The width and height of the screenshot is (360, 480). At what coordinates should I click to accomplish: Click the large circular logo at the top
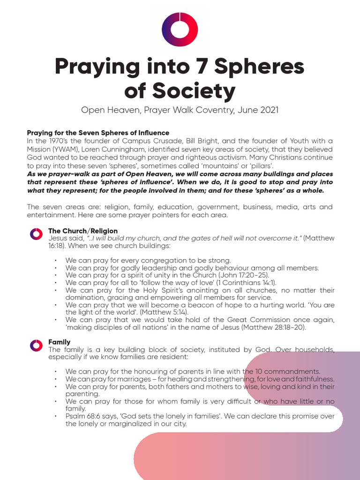pyautogui.click(x=180, y=29)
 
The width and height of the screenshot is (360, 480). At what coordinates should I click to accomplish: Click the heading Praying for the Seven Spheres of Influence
pyautogui.click(x=98, y=133)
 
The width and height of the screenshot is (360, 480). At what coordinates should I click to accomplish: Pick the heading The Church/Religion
pyautogui.click(x=83, y=231)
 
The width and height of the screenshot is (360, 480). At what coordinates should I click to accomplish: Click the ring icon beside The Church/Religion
pyautogui.click(x=36, y=234)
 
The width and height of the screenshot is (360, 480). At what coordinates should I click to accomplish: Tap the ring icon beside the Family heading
pyautogui.click(x=36, y=346)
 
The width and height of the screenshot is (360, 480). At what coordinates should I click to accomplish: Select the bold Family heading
pyautogui.click(x=60, y=343)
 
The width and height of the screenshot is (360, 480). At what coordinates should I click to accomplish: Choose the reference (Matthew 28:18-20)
pyautogui.click(x=273, y=327)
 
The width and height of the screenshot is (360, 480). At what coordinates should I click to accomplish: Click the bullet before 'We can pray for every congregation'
pyautogui.click(x=56, y=261)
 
